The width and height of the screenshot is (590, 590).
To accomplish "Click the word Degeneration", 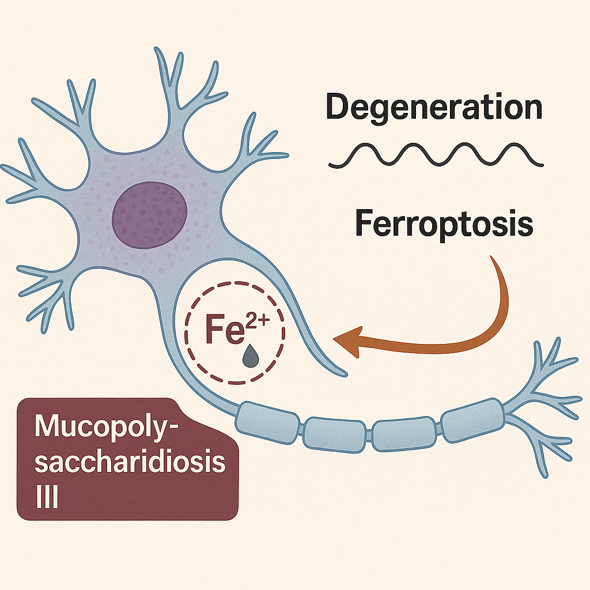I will click(434, 108).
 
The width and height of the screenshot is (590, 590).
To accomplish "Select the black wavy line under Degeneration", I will click(436, 154).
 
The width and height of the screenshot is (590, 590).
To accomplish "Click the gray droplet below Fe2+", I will click(251, 356).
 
